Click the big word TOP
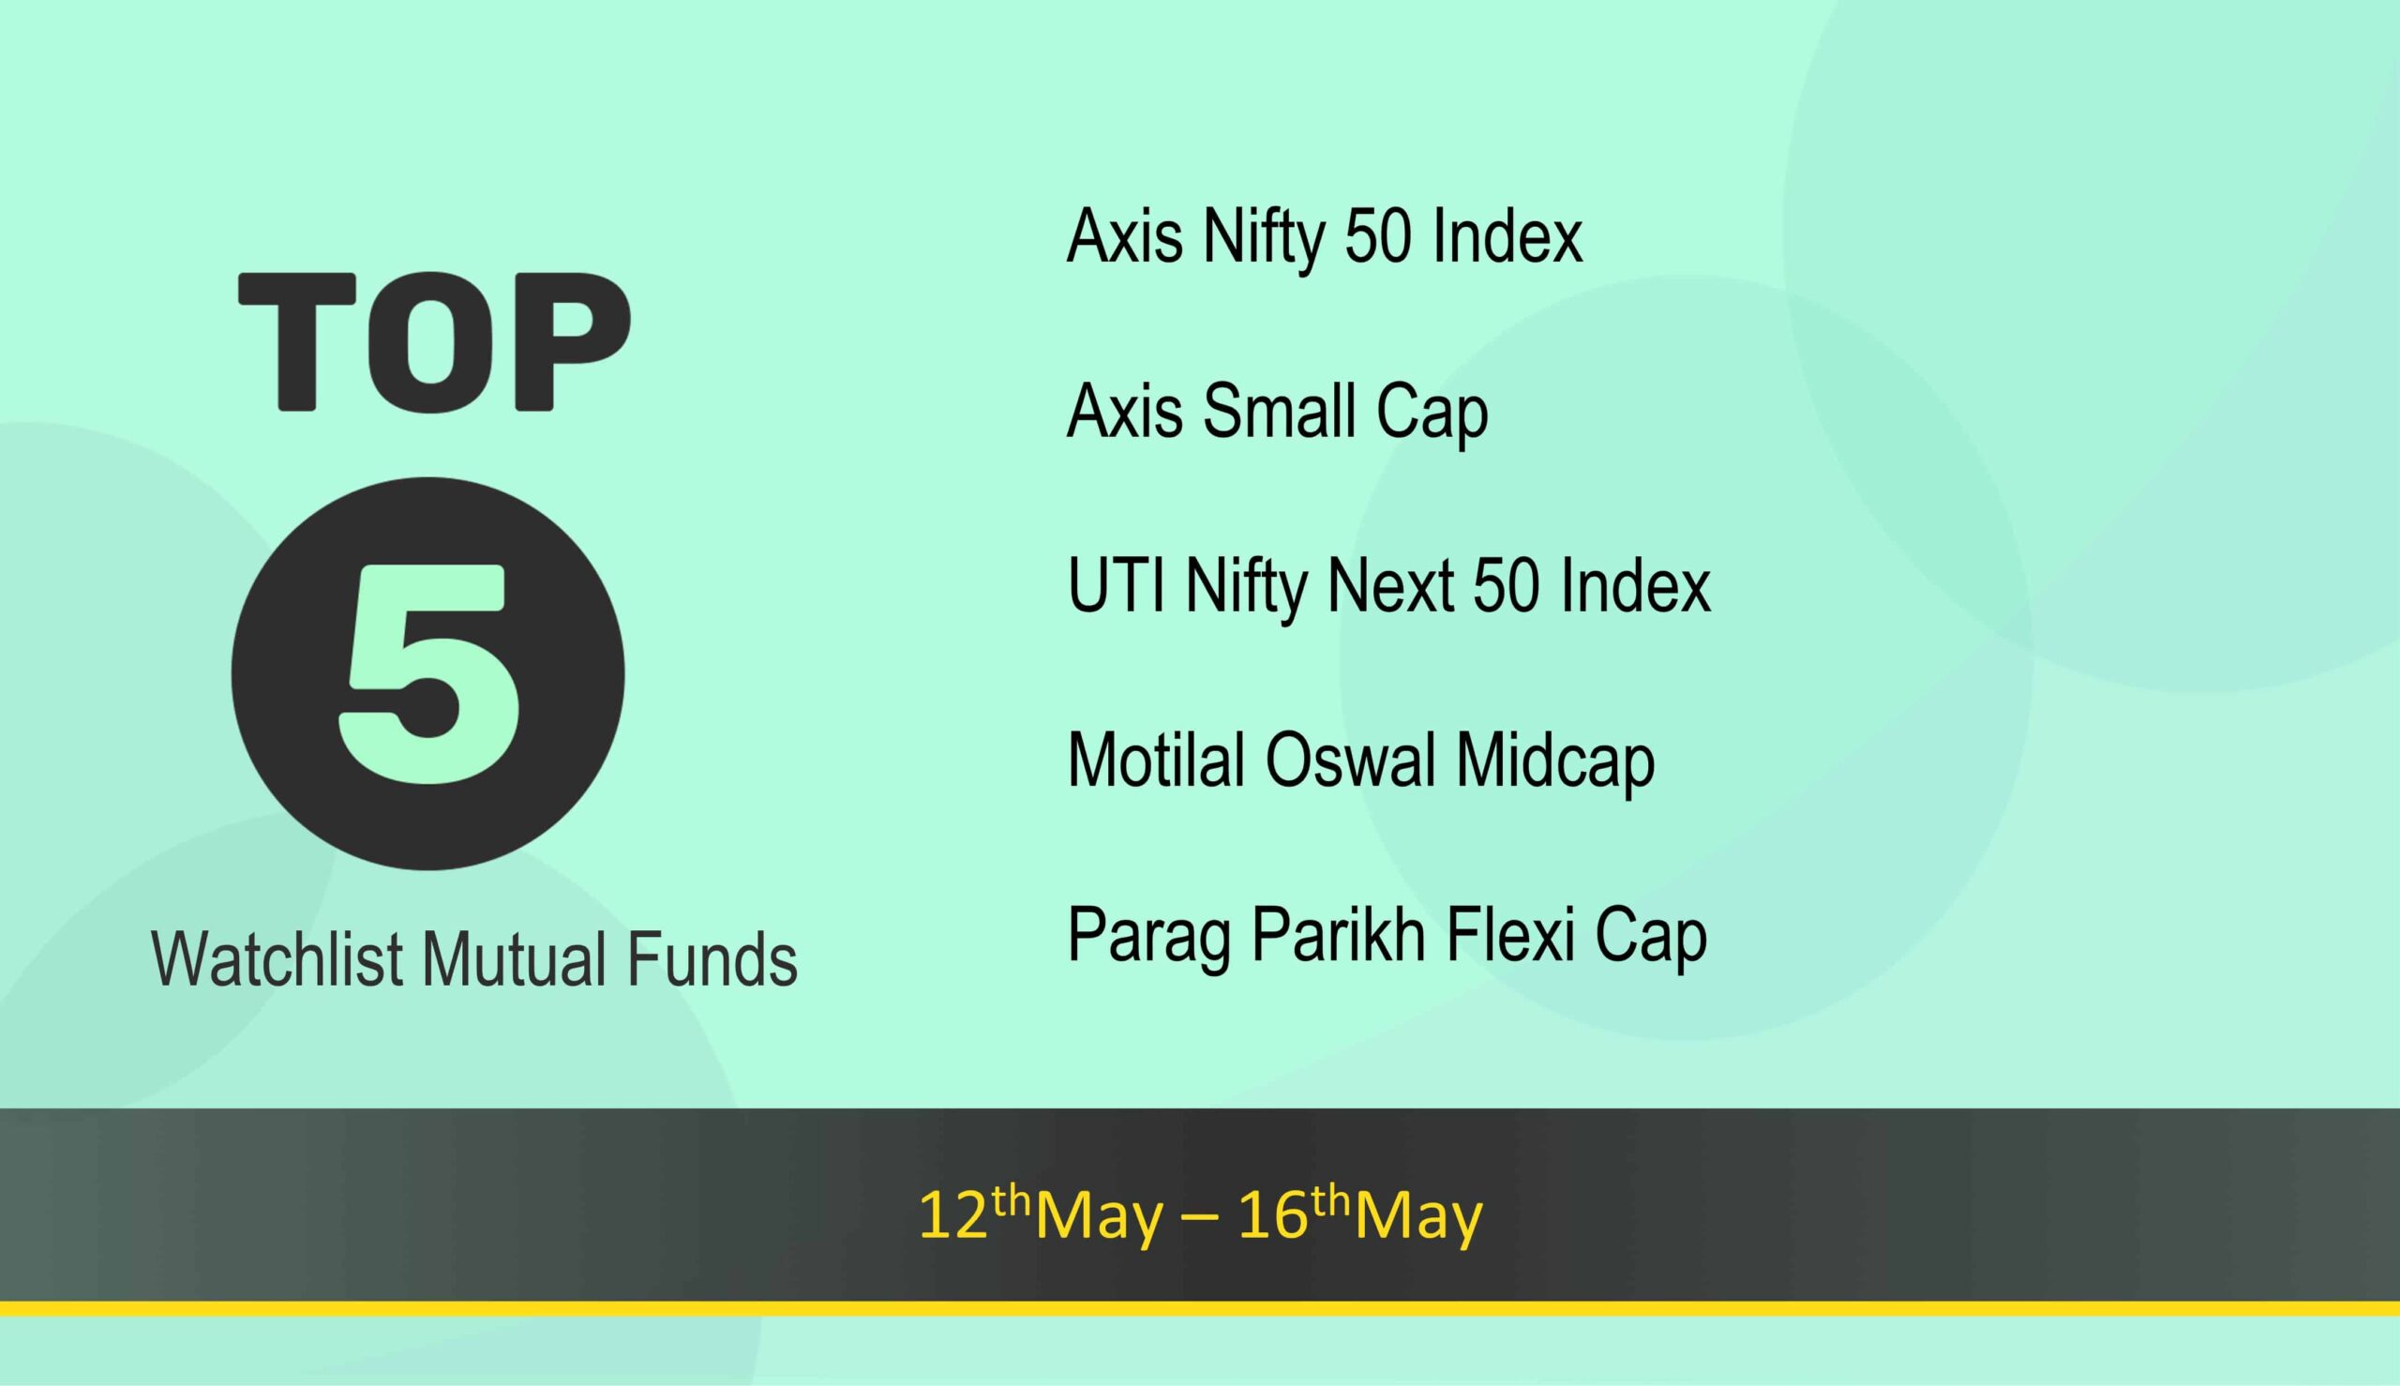tap(434, 342)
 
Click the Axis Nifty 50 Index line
tap(1325, 236)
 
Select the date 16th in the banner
tap(1294, 1213)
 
